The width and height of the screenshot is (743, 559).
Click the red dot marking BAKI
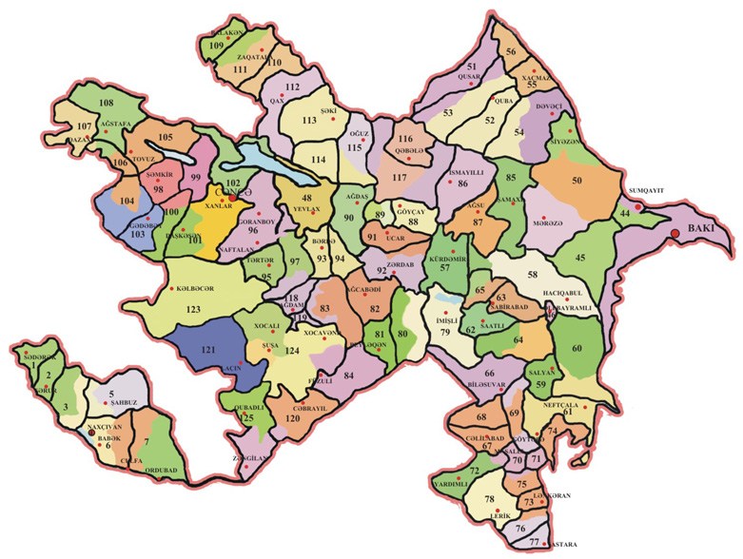pyautogui.click(x=675, y=233)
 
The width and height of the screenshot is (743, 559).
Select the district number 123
pyautogui.click(x=194, y=309)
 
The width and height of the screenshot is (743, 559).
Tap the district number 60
pyautogui.click(x=577, y=349)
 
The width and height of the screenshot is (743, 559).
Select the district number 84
pyautogui.click(x=348, y=376)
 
